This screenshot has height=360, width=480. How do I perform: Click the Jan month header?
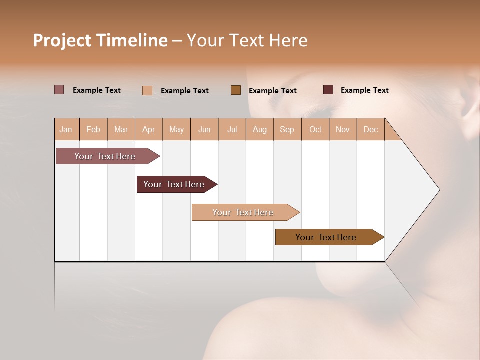(x=66, y=129)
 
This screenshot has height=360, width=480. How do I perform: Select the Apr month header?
(x=149, y=129)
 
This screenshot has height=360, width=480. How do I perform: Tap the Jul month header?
(x=232, y=129)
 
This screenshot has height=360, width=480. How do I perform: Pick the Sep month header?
(x=287, y=129)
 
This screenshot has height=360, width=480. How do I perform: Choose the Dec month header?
(x=371, y=129)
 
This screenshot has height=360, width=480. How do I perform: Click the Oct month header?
(x=315, y=129)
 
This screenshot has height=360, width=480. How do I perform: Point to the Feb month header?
(x=93, y=129)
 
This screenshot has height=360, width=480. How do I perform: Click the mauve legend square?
(x=59, y=90)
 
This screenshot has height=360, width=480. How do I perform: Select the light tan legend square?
(x=147, y=90)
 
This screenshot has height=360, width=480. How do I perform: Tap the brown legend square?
(x=236, y=90)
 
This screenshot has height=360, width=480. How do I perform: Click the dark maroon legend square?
(x=328, y=90)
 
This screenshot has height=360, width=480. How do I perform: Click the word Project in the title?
(x=62, y=40)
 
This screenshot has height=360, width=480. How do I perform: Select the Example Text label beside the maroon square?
(x=365, y=90)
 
